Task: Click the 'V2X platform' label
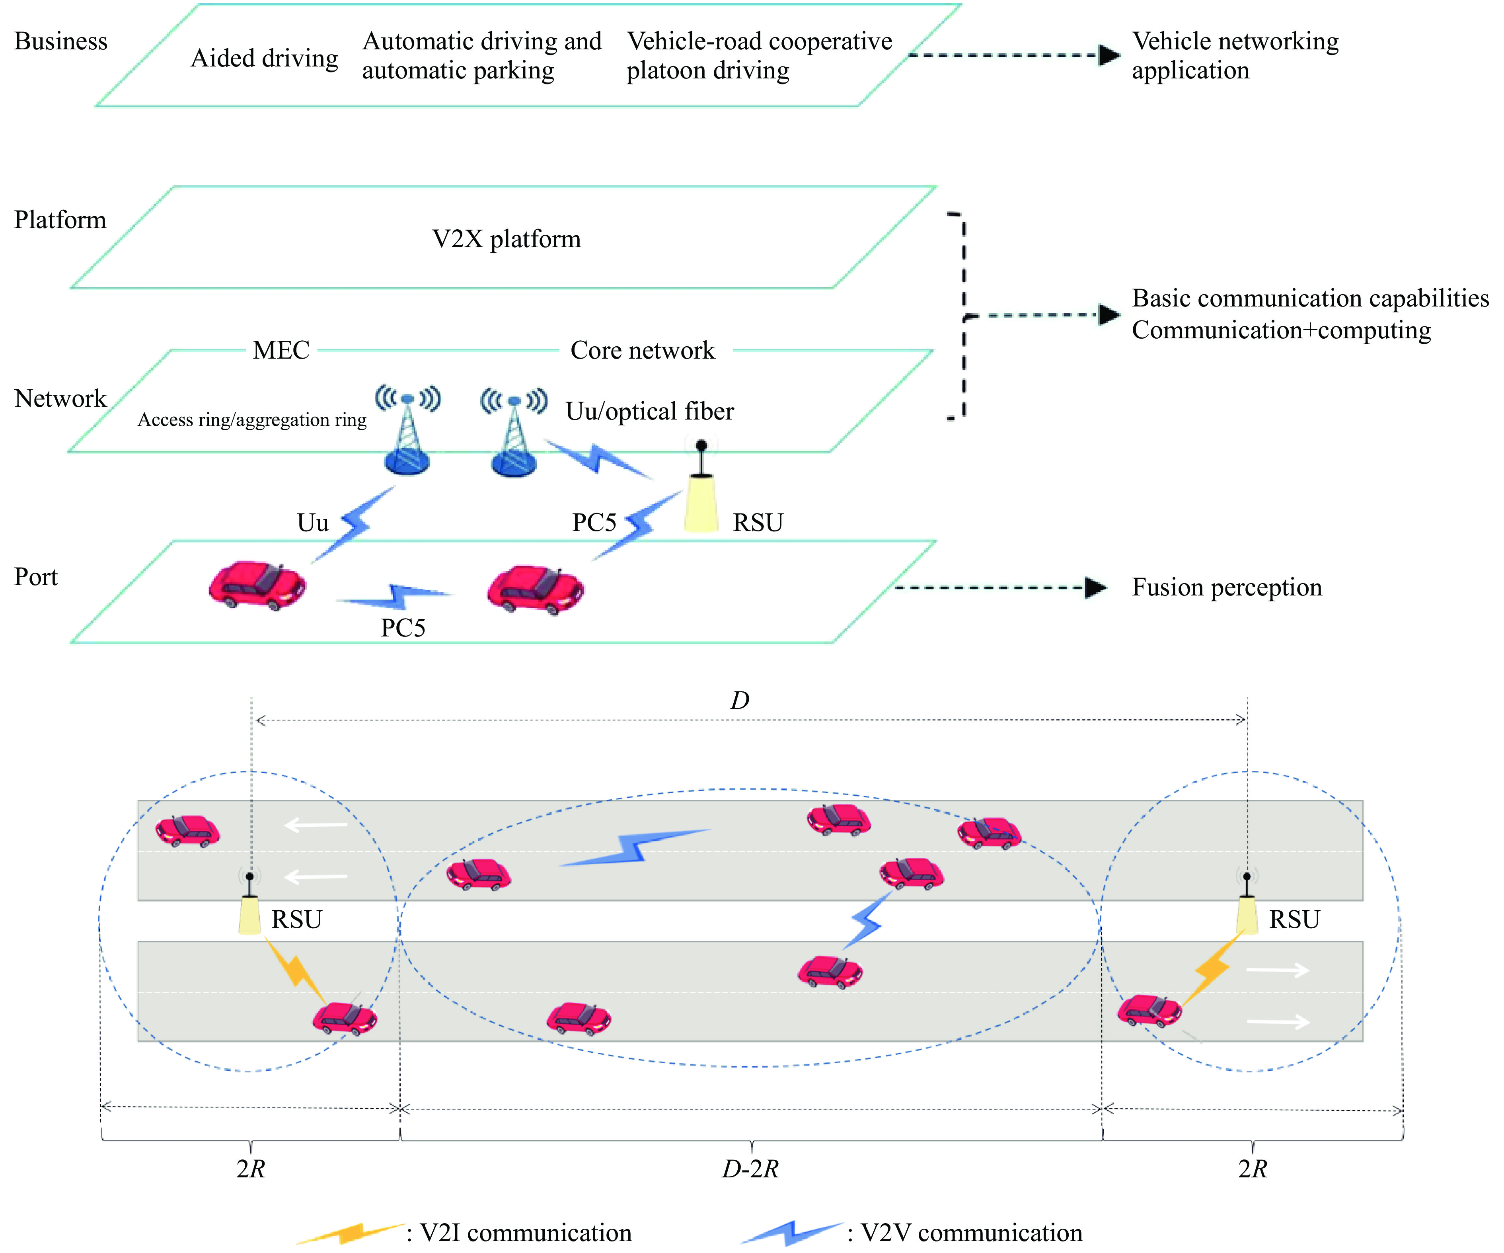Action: pyautogui.click(x=507, y=238)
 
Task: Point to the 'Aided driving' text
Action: pyautogui.click(x=264, y=58)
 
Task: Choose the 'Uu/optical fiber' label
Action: pyautogui.click(x=650, y=411)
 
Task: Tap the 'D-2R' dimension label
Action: pyautogui.click(x=750, y=1169)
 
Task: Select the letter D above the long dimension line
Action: pyautogui.click(x=740, y=700)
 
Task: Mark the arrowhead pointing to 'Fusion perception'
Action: pyautogui.click(x=1096, y=587)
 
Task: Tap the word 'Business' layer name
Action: pyautogui.click(x=61, y=41)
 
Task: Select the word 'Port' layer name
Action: pyautogui.click(x=36, y=577)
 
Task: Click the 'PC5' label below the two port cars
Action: pyautogui.click(x=403, y=628)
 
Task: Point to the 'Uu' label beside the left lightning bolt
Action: pyautogui.click(x=313, y=522)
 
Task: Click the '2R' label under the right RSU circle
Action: pyautogui.click(x=1253, y=1169)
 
